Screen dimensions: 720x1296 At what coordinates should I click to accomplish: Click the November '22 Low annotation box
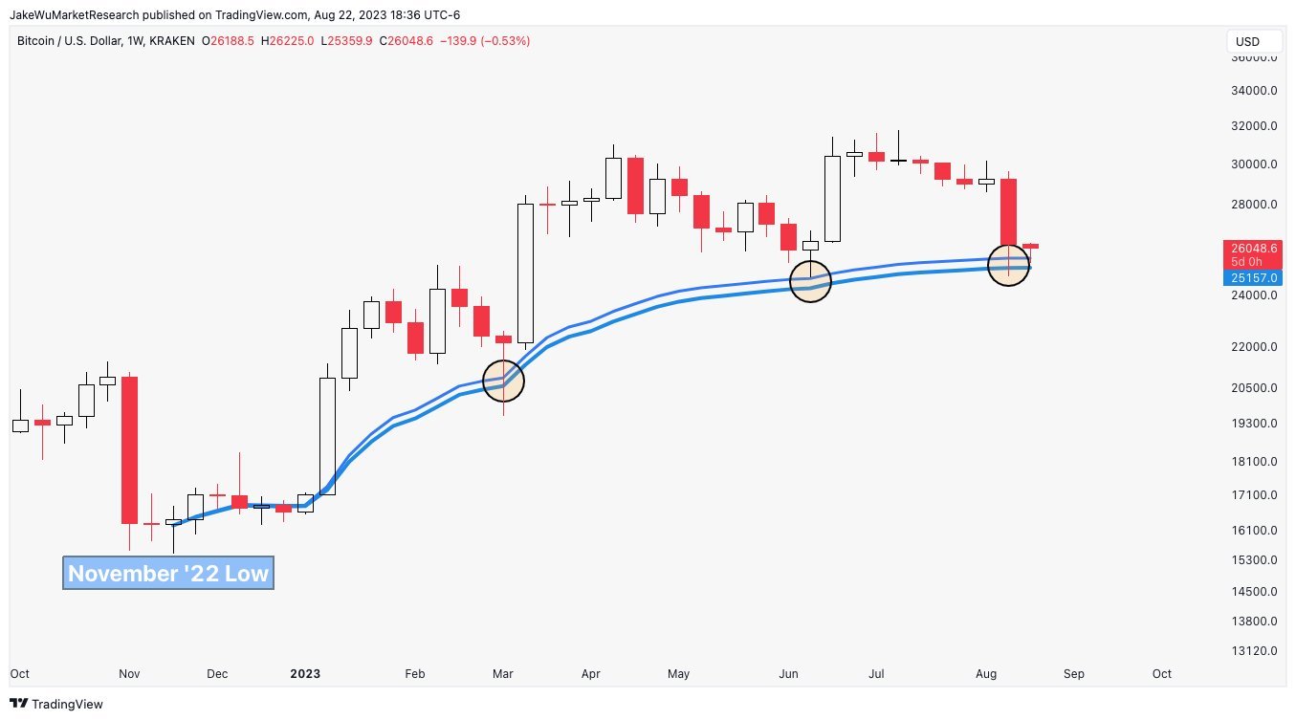tap(168, 574)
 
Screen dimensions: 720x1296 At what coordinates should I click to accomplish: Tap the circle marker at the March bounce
tap(503, 380)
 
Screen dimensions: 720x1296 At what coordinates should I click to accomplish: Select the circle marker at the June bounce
tap(810, 280)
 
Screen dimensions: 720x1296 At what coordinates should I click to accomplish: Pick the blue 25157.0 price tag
tap(1253, 277)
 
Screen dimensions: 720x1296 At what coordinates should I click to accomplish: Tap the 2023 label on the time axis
tap(305, 674)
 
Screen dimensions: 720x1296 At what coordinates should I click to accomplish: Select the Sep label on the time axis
tap(1074, 674)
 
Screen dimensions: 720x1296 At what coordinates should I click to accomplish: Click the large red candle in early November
tap(129, 449)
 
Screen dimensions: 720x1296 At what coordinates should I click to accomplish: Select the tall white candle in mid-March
tap(525, 273)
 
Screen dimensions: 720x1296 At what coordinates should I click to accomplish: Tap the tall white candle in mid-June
tap(832, 199)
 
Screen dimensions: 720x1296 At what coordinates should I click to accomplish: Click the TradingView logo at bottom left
tap(57, 705)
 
